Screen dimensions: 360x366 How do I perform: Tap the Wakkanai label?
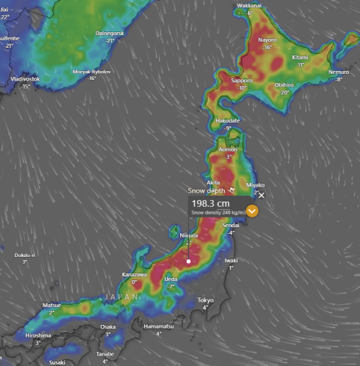[249, 6]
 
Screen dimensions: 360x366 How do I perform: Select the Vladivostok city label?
[25, 78]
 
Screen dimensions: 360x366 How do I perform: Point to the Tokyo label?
[205, 300]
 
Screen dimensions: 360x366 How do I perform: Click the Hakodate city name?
[227, 120]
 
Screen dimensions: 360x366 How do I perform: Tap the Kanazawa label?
[134, 275]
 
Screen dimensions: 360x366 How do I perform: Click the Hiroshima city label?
[37, 335]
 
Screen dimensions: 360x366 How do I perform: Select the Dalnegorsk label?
[111, 34]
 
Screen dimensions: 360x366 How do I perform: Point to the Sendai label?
[231, 225]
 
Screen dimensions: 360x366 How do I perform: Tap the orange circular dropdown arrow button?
[252, 211]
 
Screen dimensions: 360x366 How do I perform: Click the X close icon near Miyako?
[261, 195]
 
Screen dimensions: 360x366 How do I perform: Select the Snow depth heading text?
[206, 190]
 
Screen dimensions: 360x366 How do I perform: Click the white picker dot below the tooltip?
[189, 261]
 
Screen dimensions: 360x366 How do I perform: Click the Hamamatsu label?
[158, 326]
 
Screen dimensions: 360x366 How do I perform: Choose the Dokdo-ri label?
[25, 255]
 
